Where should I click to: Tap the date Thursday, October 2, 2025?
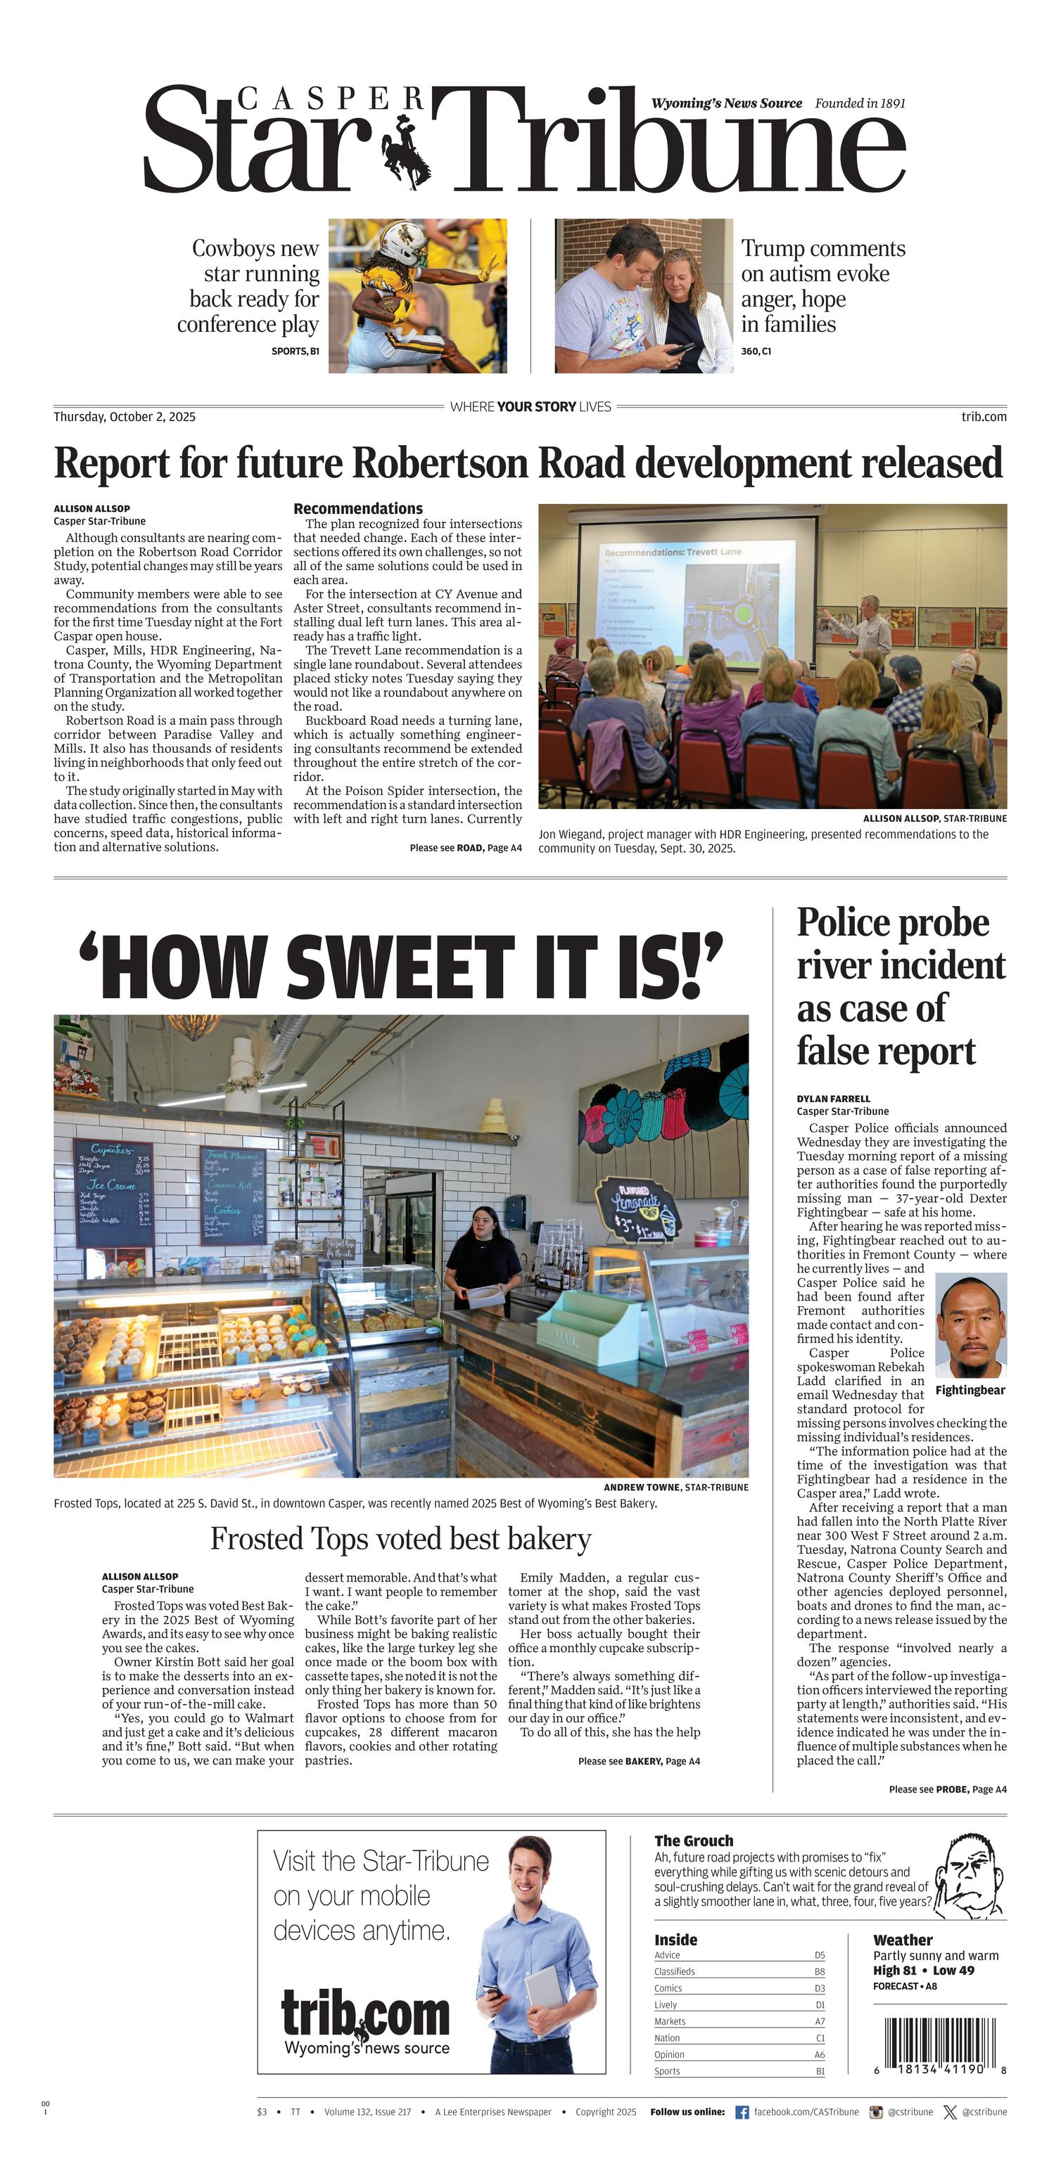click(125, 417)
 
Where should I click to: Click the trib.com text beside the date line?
click(984, 417)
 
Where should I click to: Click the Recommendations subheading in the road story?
click(358, 508)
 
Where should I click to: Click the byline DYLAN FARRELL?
click(833, 1098)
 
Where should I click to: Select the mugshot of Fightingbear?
click(970, 1324)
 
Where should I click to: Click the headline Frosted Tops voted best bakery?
click(401, 1538)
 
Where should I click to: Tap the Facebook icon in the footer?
click(742, 2112)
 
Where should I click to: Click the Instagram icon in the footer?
click(876, 2112)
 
